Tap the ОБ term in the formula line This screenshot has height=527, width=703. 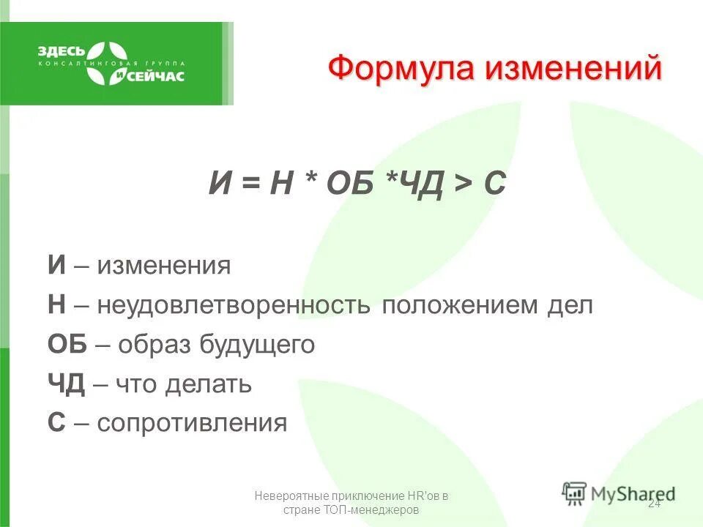click(x=344, y=183)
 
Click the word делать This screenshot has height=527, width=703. click(x=208, y=384)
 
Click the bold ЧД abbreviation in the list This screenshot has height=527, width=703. click(x=67, y=384)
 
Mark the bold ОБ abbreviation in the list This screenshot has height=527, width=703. click(x=68, y=345)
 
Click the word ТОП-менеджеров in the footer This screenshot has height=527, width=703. click(x=369, y=510)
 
